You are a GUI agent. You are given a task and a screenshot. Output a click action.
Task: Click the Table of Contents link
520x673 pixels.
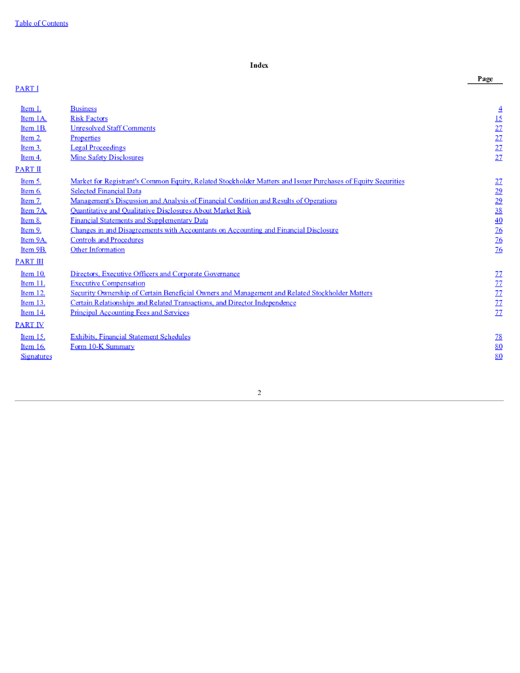click(x=41, y=24)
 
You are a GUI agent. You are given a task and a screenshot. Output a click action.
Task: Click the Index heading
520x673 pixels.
click(x=259, y=65)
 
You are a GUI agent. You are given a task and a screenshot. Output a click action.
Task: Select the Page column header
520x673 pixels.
click(x=485, y=79)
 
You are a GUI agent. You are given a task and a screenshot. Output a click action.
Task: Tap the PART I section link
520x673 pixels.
click(x=27, y=88)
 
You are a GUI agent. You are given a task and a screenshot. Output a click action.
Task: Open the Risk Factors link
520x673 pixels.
click(x=89, y=119)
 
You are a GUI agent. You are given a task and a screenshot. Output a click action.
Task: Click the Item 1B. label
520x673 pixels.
click(x=34, y=129)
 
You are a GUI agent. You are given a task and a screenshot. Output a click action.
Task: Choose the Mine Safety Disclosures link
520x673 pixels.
click(x=106, y=158)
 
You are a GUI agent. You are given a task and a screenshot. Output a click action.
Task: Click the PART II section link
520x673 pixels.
click(x=28, y=170)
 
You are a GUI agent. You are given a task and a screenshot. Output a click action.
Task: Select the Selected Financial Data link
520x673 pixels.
click(x=105, y=191)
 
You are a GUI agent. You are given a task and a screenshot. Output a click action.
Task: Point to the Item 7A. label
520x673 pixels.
click(x=34, y=211)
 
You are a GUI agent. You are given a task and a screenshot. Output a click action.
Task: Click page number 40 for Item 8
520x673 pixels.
click(x=498, y=221)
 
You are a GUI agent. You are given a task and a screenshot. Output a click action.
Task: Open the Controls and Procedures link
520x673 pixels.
click(x=106, y=241)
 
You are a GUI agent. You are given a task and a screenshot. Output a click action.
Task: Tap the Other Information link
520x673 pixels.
click(x=97, y=250)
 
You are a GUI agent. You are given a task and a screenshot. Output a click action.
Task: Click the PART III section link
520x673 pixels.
click(x=30, y=262)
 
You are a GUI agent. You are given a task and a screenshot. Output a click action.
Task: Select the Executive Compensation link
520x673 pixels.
click(x=108, y=284)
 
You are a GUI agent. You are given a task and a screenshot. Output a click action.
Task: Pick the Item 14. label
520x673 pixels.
click(x=33, y=313)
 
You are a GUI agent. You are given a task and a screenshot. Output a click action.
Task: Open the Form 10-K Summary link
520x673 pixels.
click(x=102, y=347)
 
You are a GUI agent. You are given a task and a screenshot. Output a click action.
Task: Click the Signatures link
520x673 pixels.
click(x=36, y=357)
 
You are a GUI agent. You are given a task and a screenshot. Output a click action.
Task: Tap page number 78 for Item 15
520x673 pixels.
click(x=498, y=337)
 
